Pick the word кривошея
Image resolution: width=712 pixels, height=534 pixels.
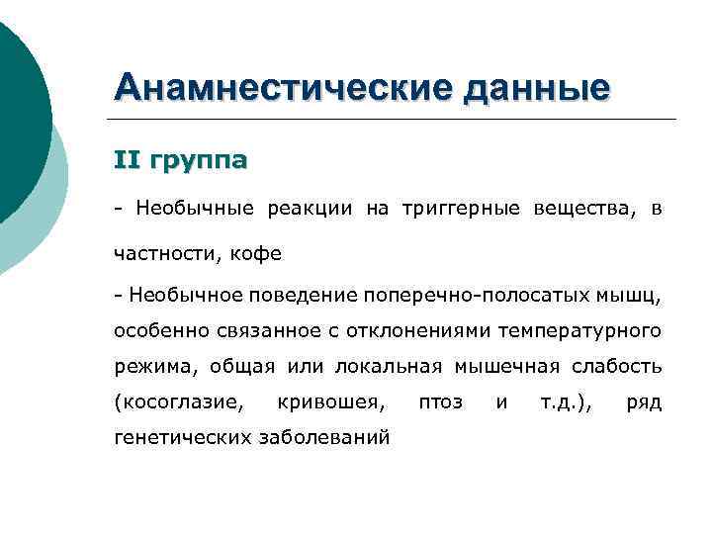point(332,401)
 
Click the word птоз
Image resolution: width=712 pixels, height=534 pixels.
point(441,401)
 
